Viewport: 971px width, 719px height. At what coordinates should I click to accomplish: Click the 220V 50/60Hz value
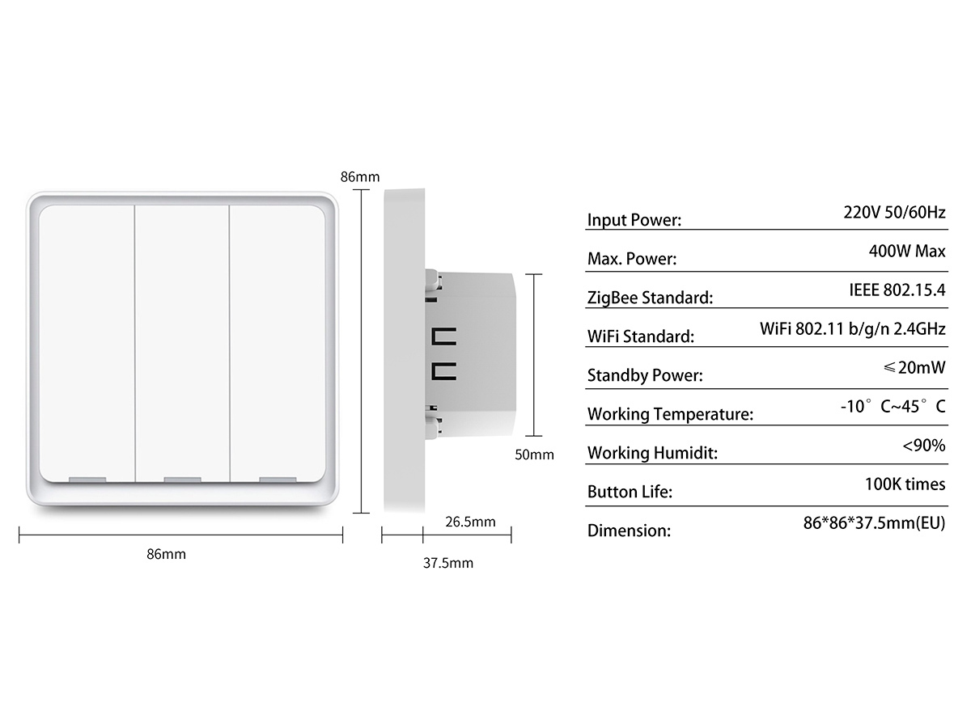[894, 214]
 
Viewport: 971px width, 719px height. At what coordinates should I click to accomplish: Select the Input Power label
[634, 220]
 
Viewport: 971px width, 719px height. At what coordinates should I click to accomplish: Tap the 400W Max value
[907, 252]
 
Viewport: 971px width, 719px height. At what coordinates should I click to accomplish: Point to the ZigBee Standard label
[650, 298]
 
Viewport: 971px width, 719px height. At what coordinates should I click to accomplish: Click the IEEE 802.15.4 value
[897, 290]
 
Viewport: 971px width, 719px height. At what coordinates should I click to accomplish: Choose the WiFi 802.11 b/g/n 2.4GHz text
[853, 329]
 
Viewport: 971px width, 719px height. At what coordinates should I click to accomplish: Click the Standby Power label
[644, 375]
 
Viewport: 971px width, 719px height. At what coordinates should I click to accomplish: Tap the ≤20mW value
[914, 368]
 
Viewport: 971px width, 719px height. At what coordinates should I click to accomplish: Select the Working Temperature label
[670, 414]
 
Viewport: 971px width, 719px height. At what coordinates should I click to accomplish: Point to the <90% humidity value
[923, 445]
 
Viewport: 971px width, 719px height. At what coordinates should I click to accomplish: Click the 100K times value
[905, 484]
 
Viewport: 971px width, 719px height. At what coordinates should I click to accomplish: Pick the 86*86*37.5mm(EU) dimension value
[874, 523]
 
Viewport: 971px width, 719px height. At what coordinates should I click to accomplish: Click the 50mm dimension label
[534, 455]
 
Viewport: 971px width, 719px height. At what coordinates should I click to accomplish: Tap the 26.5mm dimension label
[470, 522]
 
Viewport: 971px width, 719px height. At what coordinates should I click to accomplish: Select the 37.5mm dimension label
[448, 563]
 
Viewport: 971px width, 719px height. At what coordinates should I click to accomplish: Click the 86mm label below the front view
[166, 554]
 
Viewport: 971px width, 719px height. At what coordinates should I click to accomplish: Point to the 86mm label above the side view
[359, 177]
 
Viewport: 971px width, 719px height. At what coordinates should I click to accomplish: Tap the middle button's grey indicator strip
[182, 480]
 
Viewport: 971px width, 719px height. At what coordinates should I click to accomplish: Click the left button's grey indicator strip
[87, 480]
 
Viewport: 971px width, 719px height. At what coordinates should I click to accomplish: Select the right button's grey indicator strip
[278, 480]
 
